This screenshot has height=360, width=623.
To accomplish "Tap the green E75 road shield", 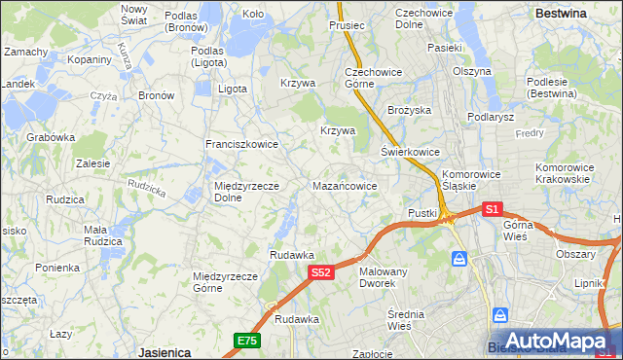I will [246, 340].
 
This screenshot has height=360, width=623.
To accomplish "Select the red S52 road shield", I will [323, 274].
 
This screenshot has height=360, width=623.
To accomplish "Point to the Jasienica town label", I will [164, 351].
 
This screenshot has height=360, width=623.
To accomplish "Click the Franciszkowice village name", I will [241, 144].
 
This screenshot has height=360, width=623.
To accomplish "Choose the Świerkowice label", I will [410, 153].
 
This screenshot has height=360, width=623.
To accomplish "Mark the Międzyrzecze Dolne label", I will [247, 191].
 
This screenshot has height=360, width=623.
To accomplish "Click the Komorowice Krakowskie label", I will [563, 173].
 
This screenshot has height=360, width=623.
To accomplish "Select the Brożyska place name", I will [409, 111].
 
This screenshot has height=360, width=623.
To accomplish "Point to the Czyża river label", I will [103, 96].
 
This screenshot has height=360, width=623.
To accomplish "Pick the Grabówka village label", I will [51, 137].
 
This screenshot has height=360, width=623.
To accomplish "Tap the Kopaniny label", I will [90, 59].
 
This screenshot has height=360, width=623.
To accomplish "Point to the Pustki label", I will [422, 212].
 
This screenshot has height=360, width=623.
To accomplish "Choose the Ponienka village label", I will [57, 268].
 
